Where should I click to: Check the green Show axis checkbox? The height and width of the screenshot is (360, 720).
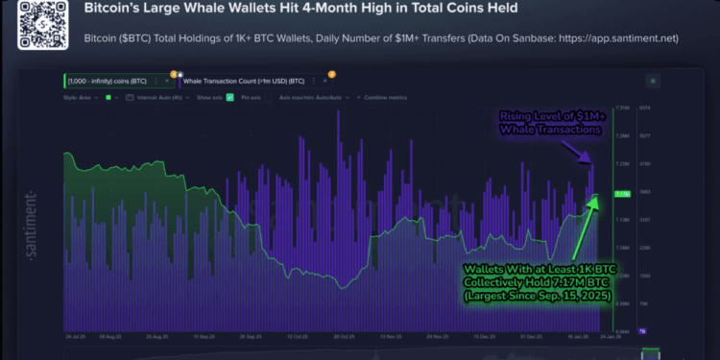point(229,97)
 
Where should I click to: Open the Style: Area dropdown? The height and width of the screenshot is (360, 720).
point(83,97)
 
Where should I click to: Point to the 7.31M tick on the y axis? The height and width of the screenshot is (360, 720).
point(621,108)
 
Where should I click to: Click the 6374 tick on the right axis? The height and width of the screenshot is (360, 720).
point(646,108)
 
